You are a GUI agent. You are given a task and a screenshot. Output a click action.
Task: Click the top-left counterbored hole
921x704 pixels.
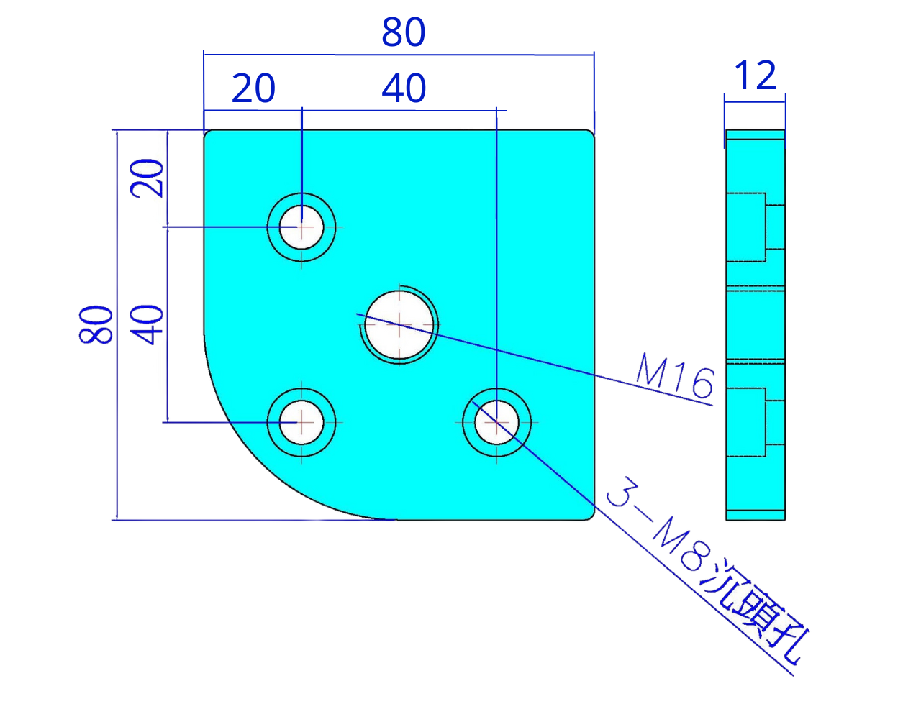[x=302, y=227]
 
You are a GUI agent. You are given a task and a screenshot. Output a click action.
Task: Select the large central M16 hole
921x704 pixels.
[x=400, y=325]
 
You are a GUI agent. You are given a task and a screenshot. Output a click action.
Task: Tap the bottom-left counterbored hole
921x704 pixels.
[x=302, y=422]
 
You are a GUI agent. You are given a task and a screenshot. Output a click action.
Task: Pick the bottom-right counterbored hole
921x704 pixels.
[x=496, y=422]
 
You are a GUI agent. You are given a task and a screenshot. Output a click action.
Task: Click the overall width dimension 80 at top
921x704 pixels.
[x=404, y=33]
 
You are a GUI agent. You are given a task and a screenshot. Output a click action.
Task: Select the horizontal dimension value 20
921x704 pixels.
[x=253, y=89]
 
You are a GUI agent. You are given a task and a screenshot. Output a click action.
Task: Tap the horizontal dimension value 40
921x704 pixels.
[x=404, y=89]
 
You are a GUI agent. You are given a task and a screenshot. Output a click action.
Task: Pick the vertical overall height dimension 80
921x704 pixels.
[x=96, y=325]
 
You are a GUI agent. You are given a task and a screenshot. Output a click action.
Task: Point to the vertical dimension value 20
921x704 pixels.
[x=147, y=179]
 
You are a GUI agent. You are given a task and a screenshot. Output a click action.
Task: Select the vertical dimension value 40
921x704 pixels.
[x=147, y=325]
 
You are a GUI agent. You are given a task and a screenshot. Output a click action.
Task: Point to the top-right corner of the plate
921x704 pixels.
[x=591, y=134]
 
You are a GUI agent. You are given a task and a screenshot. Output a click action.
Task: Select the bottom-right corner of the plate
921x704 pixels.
[x=590, y=515]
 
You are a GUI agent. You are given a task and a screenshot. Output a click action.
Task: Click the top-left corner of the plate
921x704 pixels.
[x=209, y=134]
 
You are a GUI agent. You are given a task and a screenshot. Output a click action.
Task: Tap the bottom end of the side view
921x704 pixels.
[x=755, y=516]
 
